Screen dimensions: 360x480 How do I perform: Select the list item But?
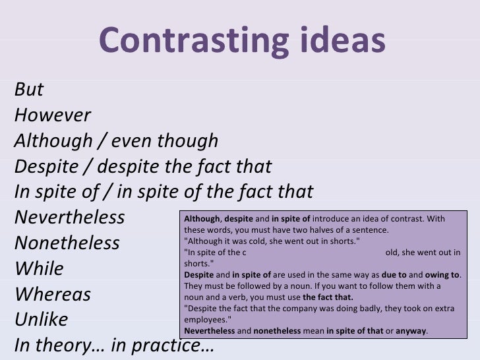pyautogui.click(x=28, y=91)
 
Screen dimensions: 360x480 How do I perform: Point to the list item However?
pyautogui.click(x=52, y=116)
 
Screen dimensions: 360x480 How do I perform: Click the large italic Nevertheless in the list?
pyautogui.click(x=69, y=217)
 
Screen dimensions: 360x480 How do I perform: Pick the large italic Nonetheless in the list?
pyautogui.click(x=67, y=243)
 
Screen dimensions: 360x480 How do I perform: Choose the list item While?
pyautogui.click(x=39, y=268)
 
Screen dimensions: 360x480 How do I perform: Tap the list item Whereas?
pyautogui.click(x=52, y=294)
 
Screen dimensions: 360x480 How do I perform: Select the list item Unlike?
pyautogui.click(x=41, y=320)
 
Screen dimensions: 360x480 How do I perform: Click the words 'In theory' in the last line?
pyautogui.click(x=62, y=346)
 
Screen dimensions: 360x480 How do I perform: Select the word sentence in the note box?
pyautogui.click(x=371, y=230)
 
